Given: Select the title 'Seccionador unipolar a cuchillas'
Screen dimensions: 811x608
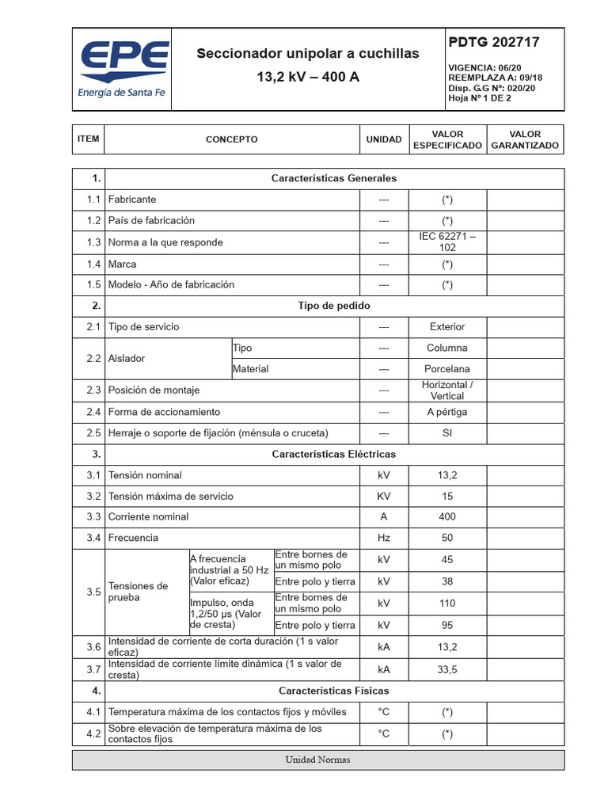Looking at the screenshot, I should (308, 54).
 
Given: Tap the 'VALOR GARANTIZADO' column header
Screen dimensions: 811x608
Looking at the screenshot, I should (525, 140).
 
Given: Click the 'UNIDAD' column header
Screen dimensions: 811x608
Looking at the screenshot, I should (384, 139).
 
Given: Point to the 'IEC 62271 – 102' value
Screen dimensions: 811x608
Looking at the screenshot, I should (447, 242).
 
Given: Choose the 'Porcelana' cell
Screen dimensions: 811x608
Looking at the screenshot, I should (447, 369).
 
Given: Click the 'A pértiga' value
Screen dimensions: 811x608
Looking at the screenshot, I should (447, 412).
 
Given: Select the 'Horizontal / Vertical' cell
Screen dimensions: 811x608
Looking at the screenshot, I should (447, 390).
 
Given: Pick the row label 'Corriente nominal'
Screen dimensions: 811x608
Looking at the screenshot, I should (149, 516).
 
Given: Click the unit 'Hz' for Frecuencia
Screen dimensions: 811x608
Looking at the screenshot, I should (384, 538).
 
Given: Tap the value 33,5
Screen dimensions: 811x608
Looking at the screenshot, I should (447, 669).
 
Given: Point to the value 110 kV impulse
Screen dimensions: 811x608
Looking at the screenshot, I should (447, 603).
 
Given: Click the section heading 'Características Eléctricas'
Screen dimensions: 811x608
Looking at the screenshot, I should (333, 455).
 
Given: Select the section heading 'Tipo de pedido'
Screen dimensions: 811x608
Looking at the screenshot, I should (333, 306).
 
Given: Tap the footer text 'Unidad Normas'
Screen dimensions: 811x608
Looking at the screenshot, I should (317, 760).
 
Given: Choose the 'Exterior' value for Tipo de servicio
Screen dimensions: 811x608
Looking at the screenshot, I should (447, 326).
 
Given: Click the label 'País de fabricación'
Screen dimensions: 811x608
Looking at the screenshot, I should (151, 220).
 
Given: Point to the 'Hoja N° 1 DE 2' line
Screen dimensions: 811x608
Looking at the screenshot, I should (480, 98).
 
